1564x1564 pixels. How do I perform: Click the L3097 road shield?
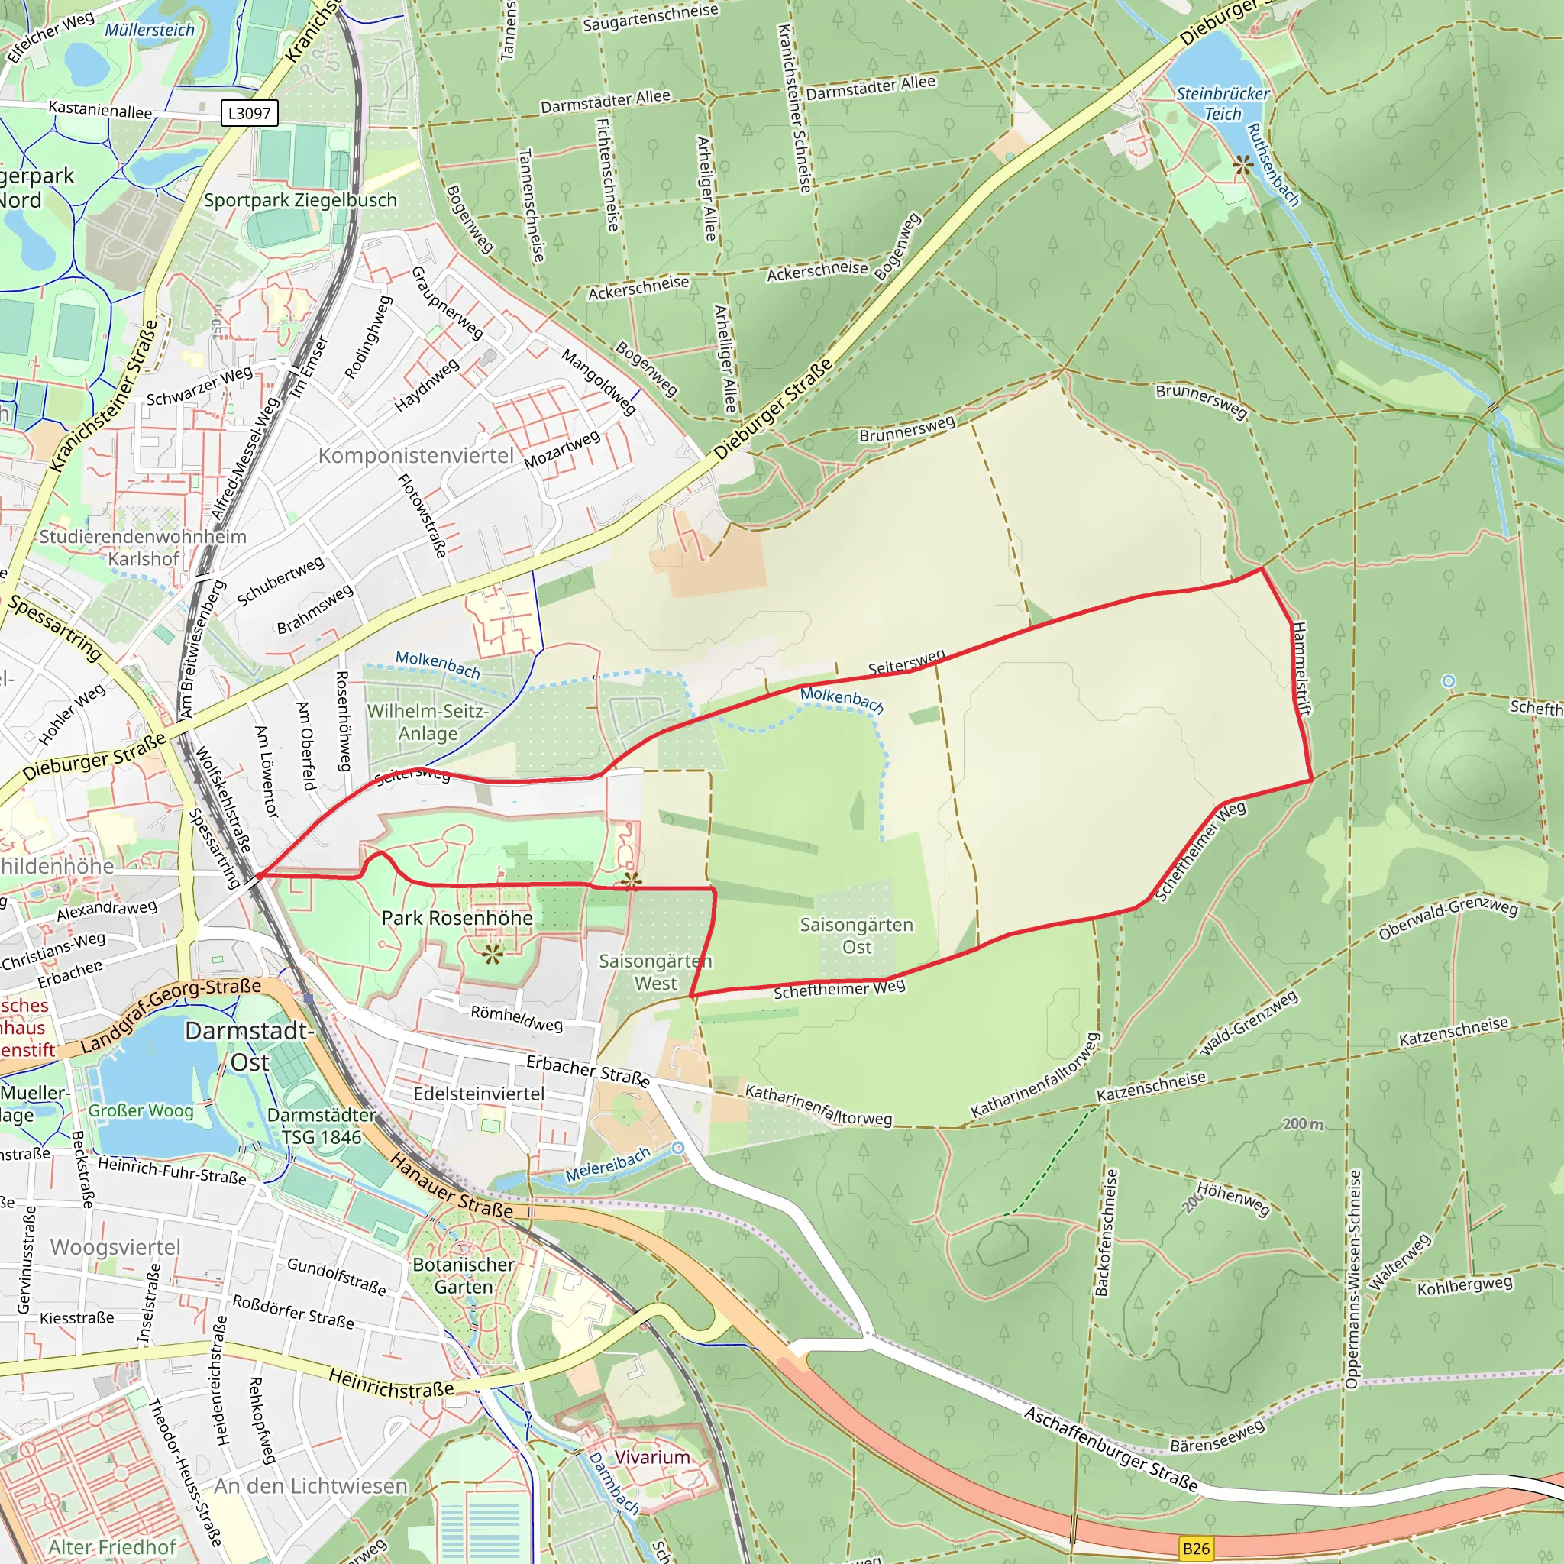249,113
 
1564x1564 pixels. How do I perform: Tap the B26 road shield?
1196,1549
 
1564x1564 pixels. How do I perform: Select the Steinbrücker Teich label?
1223,104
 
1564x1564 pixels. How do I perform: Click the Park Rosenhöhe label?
457,918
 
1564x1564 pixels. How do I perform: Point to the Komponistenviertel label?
416,456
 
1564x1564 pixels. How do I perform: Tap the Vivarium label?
652,1457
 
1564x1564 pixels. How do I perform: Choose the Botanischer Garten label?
463,1276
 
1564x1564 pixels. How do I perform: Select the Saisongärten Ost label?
857,935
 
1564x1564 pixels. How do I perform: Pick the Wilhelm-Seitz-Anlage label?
428,722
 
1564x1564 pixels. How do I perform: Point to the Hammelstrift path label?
1301,669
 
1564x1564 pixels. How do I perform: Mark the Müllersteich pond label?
150,31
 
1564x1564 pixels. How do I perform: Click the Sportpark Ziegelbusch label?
300,200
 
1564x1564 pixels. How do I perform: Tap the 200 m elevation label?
1304,1124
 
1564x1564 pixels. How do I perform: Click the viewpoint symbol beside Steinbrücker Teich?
1242,166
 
